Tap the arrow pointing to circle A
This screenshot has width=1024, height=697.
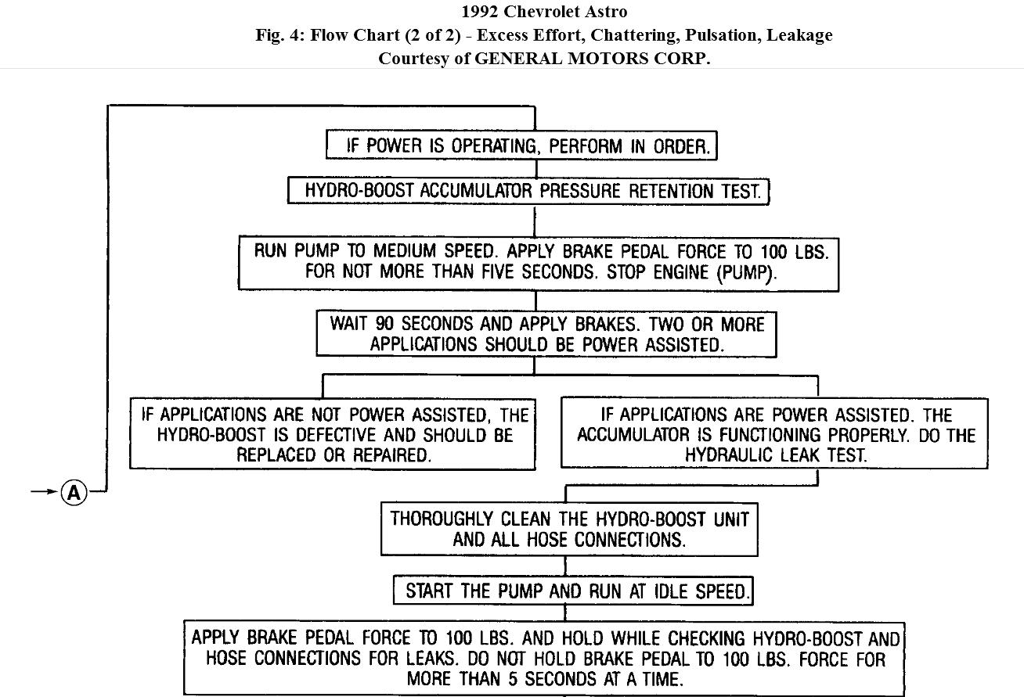point(44,492)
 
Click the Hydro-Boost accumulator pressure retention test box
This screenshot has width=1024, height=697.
point(528,191)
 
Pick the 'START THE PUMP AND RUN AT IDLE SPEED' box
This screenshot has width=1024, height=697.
point(572,591)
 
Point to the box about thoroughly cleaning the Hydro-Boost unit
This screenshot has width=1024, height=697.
point(569,529)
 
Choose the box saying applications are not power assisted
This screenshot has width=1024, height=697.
point(333,434)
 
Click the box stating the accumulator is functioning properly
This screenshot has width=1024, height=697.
point(775,434)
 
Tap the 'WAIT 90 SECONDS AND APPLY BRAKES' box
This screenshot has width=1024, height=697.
point(546,333)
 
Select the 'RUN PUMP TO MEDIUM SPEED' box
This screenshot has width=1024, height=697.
point(539,263)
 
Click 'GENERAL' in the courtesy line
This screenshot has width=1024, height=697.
point(521,59)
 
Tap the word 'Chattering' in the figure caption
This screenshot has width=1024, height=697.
point(617,35)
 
